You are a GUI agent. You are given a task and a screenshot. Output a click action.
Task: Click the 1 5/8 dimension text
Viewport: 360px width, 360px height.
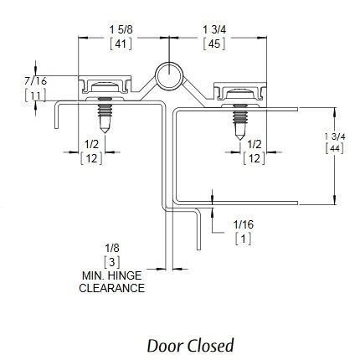[x=121, y=29]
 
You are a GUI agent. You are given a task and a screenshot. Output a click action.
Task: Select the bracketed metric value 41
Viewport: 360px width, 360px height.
[x=121, y=44]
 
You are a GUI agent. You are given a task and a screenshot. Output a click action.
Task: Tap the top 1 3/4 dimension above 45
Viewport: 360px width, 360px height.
[x=214, y=29]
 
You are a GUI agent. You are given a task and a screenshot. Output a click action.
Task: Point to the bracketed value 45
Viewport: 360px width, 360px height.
[x=214, y=44]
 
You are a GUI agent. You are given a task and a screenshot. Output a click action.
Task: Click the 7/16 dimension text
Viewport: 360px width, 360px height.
[x=35, y=81]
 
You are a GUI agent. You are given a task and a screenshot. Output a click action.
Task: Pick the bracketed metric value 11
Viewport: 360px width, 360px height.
[x=35, y=95]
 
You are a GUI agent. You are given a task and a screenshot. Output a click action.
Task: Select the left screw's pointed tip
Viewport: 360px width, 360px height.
[x=105, y=132]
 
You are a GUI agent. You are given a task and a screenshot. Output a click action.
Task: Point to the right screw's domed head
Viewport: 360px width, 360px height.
[x=239, y=94]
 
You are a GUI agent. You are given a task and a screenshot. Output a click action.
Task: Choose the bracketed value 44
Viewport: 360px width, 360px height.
[x=335, y=148]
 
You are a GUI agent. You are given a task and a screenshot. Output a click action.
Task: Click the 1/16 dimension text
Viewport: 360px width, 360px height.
[x=244, y=224]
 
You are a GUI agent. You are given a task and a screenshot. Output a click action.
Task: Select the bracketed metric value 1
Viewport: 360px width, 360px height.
[x=244, y=239]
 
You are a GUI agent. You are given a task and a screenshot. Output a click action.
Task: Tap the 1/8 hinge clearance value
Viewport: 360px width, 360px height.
[x=112, y=248]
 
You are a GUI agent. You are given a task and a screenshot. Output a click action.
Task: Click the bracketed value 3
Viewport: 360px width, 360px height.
[x=112, y=262]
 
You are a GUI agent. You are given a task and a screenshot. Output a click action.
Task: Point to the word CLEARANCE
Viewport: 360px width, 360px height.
[x=111, y=288]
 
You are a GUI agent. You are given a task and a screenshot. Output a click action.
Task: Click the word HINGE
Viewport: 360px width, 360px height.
[x=125, y=275]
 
